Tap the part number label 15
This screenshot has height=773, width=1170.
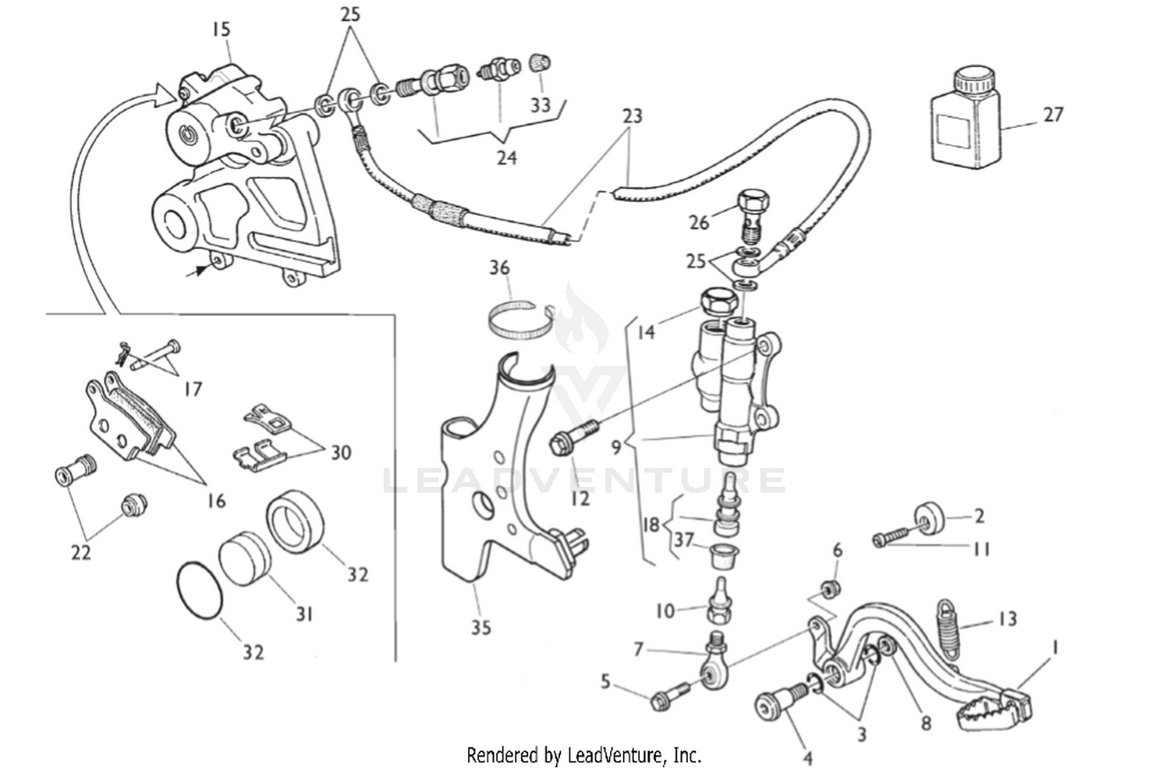tap(221, 30)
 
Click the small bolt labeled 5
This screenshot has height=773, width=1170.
tap(669, 697)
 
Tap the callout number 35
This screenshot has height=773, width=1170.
tap(481, 627)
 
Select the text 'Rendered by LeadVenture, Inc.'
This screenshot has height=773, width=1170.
tap(583, 755)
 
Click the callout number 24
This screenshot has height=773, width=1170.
tap(507, 158)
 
